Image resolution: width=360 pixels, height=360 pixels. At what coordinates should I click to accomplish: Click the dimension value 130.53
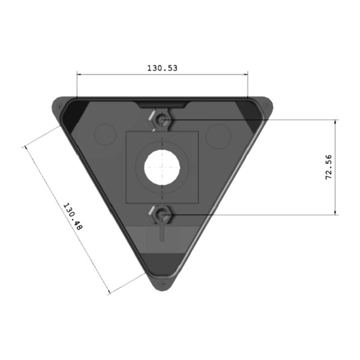[x=162, y=68]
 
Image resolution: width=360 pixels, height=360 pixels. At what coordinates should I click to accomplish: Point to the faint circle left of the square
[x=106, y=135]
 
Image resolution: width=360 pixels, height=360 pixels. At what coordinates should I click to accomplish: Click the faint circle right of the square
[x=217, y=135]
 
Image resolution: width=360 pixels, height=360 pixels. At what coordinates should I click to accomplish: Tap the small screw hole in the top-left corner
[x=58, y=107]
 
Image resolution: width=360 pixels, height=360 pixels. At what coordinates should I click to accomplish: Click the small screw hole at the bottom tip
[x=162, y=284]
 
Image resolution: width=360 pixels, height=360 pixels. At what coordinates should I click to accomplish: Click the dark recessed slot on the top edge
[x=162, y=104]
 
